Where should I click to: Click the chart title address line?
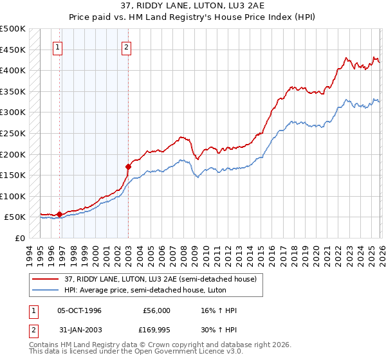192,6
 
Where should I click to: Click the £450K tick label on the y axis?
13,50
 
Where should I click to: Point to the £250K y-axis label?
13,133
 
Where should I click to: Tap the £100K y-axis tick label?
13,196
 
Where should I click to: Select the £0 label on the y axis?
19,238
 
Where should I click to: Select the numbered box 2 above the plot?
127,47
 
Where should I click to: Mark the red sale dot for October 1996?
59,214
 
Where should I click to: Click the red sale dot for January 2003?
128,166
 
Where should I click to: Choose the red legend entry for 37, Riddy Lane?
160,279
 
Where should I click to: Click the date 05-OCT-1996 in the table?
79,310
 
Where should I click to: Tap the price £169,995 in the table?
156,332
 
